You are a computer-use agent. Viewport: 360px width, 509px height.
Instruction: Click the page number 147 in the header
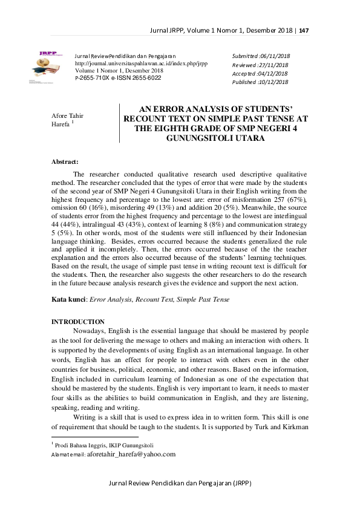pos(304,30)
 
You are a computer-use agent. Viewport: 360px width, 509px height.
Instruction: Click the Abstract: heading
pos(65,162)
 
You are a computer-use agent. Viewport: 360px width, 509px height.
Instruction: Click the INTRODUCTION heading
pos(78,322)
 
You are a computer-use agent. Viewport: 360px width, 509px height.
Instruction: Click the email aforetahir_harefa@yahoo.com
pos(131,453)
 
